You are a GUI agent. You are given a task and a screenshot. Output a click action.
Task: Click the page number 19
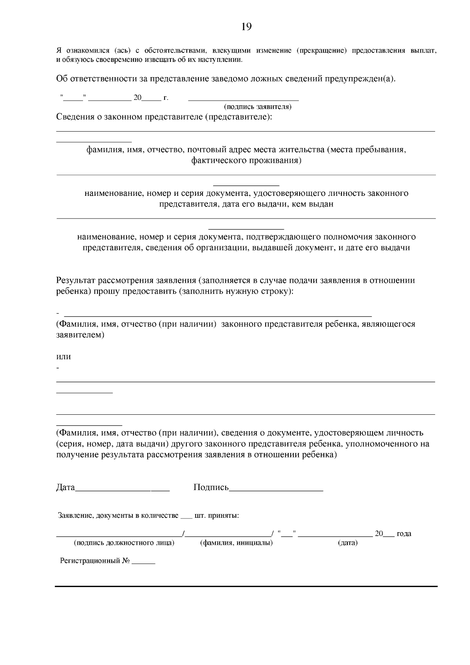point(246,27)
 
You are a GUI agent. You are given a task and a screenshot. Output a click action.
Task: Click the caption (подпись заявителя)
point(257,107)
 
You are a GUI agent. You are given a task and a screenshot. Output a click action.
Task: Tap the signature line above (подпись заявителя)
point(243,101)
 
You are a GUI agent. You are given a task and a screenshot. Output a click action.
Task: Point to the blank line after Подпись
point(276,490)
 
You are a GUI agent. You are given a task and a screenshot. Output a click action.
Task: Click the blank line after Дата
point(123,490)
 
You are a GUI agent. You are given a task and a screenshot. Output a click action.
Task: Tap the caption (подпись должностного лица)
point(124,543)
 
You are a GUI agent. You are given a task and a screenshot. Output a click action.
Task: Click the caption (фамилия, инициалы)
point(236,543)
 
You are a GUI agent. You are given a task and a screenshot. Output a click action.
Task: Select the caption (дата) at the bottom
point(347,543)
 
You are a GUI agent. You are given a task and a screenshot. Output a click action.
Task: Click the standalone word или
point(63,357)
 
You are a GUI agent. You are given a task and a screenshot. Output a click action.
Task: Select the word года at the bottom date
point(404,533)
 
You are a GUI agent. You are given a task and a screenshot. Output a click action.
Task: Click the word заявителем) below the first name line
point(80,335)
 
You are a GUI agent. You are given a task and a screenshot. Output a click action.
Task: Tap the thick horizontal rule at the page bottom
point(246,586)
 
